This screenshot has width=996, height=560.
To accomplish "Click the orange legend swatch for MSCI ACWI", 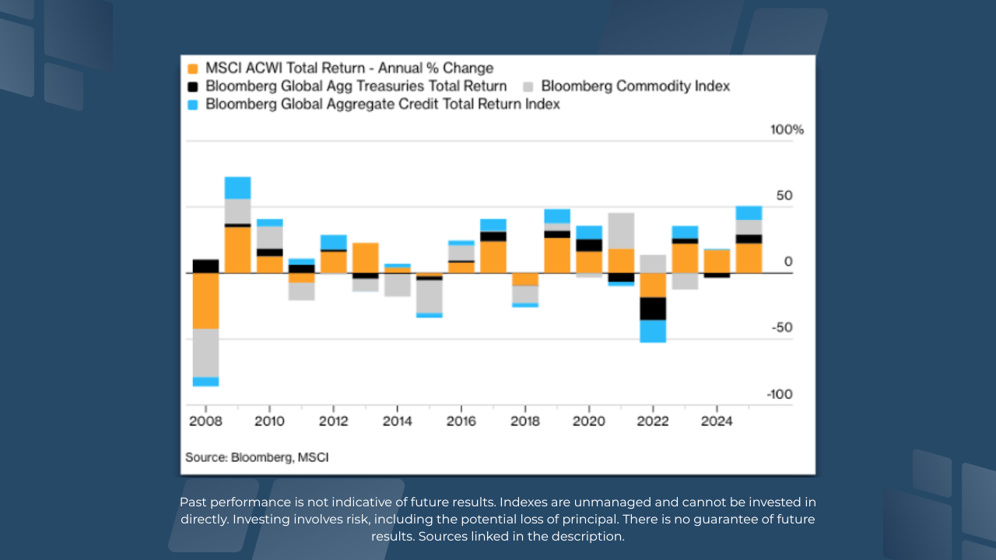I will [191, 68].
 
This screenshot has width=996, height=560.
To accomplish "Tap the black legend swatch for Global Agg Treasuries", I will [191, 86].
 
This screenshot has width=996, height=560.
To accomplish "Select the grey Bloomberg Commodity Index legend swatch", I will [528, 86].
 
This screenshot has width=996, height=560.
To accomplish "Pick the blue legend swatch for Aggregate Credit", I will [191, 104].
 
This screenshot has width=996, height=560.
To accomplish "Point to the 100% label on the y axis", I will [787, 130].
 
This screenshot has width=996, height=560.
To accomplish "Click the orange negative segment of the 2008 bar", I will [205, 301].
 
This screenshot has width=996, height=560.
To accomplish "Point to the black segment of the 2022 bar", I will [653, 309].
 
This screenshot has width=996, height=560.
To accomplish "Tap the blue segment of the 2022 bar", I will [653, 331].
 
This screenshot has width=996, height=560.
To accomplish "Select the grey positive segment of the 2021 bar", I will [621, 231].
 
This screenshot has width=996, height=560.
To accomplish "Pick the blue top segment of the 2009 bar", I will [237, 188].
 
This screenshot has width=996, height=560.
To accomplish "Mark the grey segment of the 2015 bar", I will [429, 296].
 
